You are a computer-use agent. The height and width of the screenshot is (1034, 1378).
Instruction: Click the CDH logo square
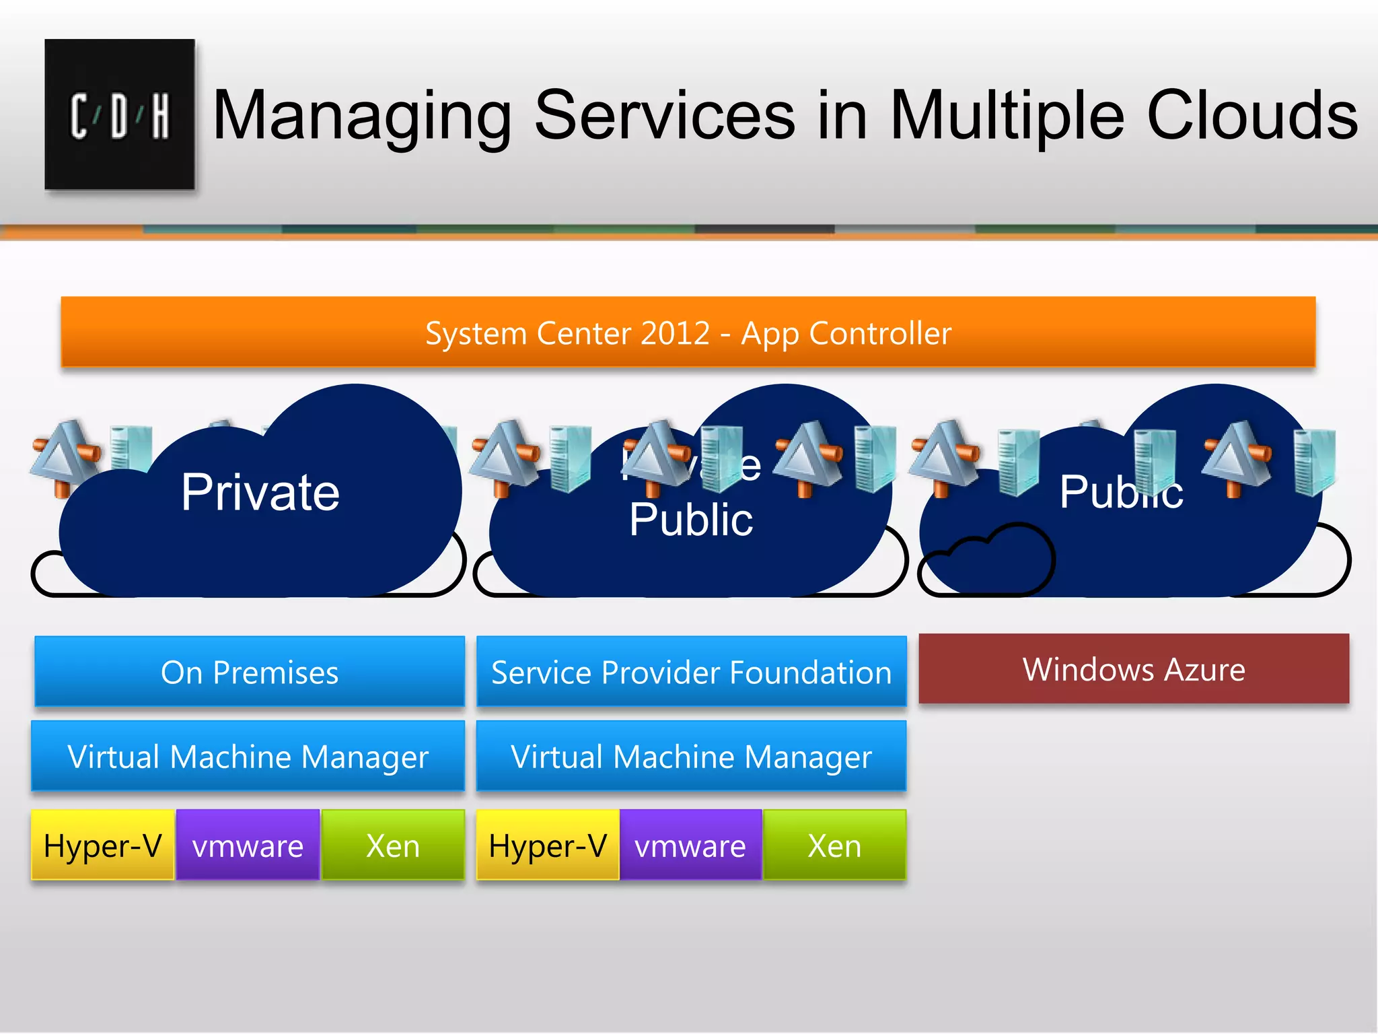(120, 114)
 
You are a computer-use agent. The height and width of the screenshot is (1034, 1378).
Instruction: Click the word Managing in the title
(363, 116)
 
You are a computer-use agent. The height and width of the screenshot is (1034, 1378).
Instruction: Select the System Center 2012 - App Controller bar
(688, 333)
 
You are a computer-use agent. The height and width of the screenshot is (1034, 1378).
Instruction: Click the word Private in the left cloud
(260, 492)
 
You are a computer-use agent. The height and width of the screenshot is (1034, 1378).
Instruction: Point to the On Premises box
(250, 672)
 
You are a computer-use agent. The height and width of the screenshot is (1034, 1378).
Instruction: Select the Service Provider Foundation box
(691, 672)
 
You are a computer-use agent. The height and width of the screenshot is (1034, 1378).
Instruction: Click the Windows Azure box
(1134, 669)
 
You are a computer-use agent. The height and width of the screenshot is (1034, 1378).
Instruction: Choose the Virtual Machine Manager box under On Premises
(248, 756)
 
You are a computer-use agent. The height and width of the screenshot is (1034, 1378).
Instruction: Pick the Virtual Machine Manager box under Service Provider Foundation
(691, 756)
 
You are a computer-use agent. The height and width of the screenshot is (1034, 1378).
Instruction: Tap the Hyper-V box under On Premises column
(102, 846)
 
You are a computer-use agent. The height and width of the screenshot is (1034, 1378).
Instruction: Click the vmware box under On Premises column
(248, 846)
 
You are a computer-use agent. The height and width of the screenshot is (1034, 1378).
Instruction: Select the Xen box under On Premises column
(393, 846)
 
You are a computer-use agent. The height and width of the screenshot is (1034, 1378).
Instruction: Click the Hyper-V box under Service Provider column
(548, 846)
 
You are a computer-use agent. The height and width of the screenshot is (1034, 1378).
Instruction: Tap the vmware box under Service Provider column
(690, 846)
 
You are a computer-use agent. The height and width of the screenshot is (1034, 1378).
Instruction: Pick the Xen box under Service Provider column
(834, 846)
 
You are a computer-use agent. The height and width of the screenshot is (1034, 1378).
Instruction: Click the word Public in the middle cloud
(691, 520)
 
